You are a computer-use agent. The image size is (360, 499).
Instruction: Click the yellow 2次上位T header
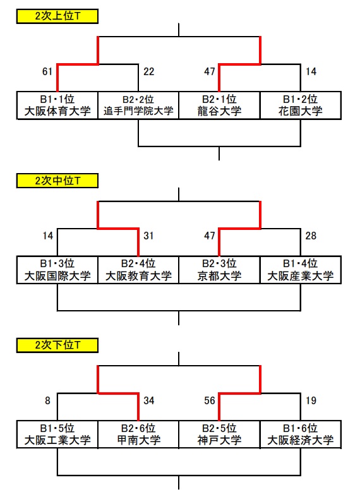point(57,16)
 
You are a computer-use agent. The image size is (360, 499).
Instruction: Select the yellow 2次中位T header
point(57,181)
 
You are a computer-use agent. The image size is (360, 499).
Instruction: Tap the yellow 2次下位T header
point(57,346)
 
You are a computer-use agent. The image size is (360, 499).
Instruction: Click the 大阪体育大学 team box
point(57,105)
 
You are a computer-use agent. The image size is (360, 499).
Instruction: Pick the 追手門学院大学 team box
point(138,105)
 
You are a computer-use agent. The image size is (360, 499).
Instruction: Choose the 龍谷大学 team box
point(220,105)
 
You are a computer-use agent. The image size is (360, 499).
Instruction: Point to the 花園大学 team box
point(301,105)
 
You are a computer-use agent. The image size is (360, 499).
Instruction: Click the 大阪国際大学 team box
point(57,270)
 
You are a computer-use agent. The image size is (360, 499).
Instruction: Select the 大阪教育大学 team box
point(138,270)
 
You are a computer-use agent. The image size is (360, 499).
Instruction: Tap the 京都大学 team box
point(220,270)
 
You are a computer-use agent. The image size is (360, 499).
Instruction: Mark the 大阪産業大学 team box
point(301,270)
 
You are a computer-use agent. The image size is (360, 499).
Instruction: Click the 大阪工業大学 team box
point(57,435)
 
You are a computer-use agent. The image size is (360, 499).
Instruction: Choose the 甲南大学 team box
point(138,435)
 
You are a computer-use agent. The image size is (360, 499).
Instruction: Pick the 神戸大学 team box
point(220,435)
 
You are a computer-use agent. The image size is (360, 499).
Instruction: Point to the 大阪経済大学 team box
point(301,435)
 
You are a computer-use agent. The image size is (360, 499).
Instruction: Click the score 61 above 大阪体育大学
point(47,71)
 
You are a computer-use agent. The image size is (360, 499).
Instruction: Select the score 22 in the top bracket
point(148,71)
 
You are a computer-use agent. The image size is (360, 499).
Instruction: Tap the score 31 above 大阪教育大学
point(148,236)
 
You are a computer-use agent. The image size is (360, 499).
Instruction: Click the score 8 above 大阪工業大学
point(47,400)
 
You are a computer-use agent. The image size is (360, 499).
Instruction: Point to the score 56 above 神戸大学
point(210,400)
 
